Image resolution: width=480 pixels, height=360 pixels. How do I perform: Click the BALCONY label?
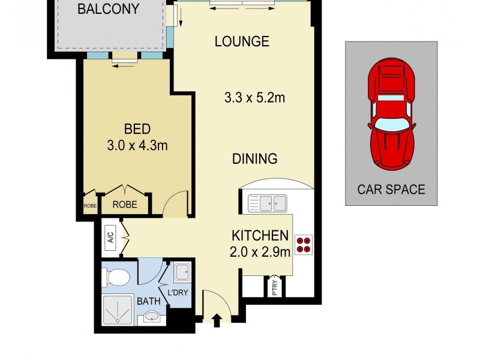[108, 10]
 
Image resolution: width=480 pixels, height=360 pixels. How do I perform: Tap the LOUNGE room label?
[242, 41]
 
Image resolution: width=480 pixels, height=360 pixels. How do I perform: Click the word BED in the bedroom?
[137, 129]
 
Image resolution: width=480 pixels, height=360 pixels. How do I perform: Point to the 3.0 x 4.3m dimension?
[137, 146]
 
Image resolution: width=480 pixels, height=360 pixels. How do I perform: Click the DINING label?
[255, 159]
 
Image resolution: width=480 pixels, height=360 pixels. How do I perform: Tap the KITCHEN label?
[260, 235]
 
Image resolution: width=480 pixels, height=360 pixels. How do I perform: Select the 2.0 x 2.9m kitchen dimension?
[260, 251]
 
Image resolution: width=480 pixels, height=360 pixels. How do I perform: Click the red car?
[392, 114]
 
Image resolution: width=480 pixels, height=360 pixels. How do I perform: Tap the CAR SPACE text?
[391, 190]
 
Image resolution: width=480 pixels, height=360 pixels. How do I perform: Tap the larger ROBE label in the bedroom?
[125, 205]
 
